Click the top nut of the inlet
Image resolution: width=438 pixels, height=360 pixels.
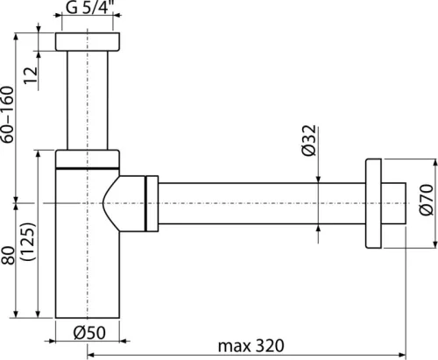(x=87, y=42)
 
